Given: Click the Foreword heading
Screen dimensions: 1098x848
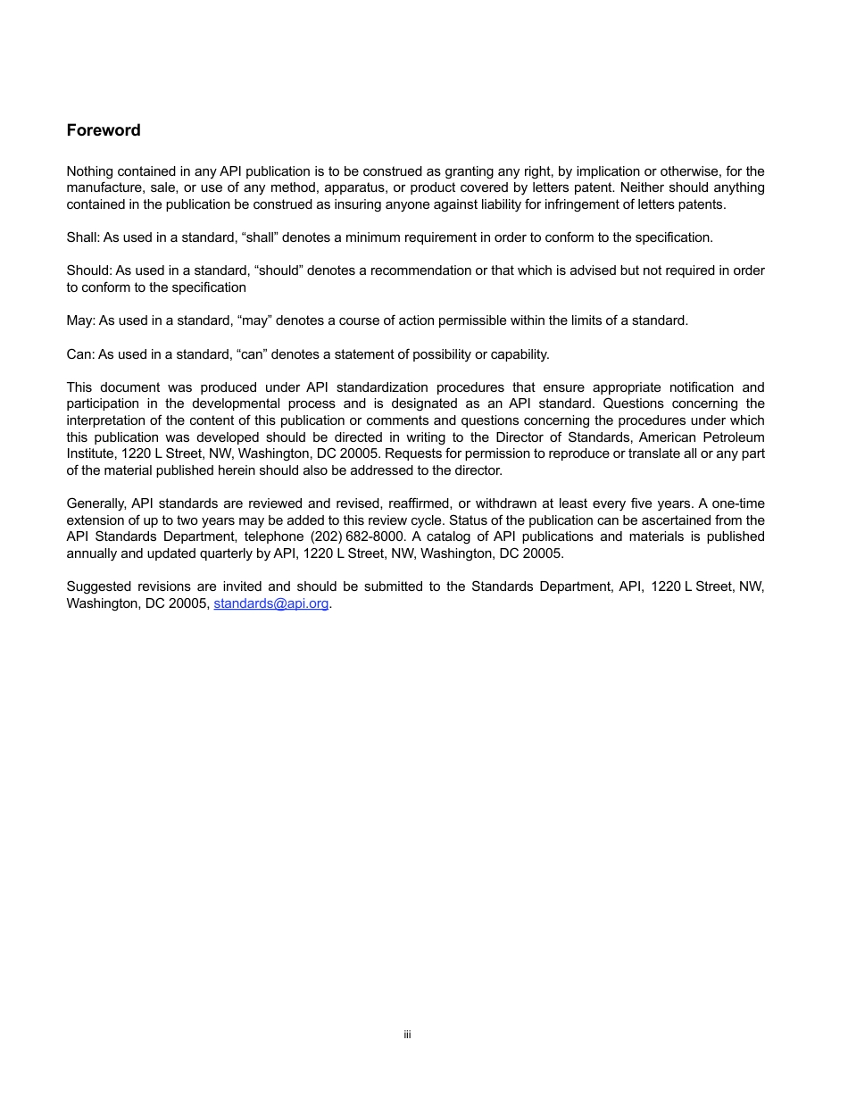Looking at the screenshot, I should [x=104, y=130].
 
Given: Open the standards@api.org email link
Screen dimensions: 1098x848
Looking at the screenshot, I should [x=271, y=603].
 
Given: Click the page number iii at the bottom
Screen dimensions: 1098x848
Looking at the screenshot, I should [x=407, y=1035].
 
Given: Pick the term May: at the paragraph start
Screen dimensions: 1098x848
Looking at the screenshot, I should [x=80, y=320].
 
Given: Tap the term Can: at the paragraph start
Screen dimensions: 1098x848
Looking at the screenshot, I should [x=80, y=354].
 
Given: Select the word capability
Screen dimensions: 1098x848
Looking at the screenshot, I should [x=519, y=354].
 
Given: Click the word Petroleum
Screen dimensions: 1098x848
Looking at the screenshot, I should [x=733, y=437].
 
